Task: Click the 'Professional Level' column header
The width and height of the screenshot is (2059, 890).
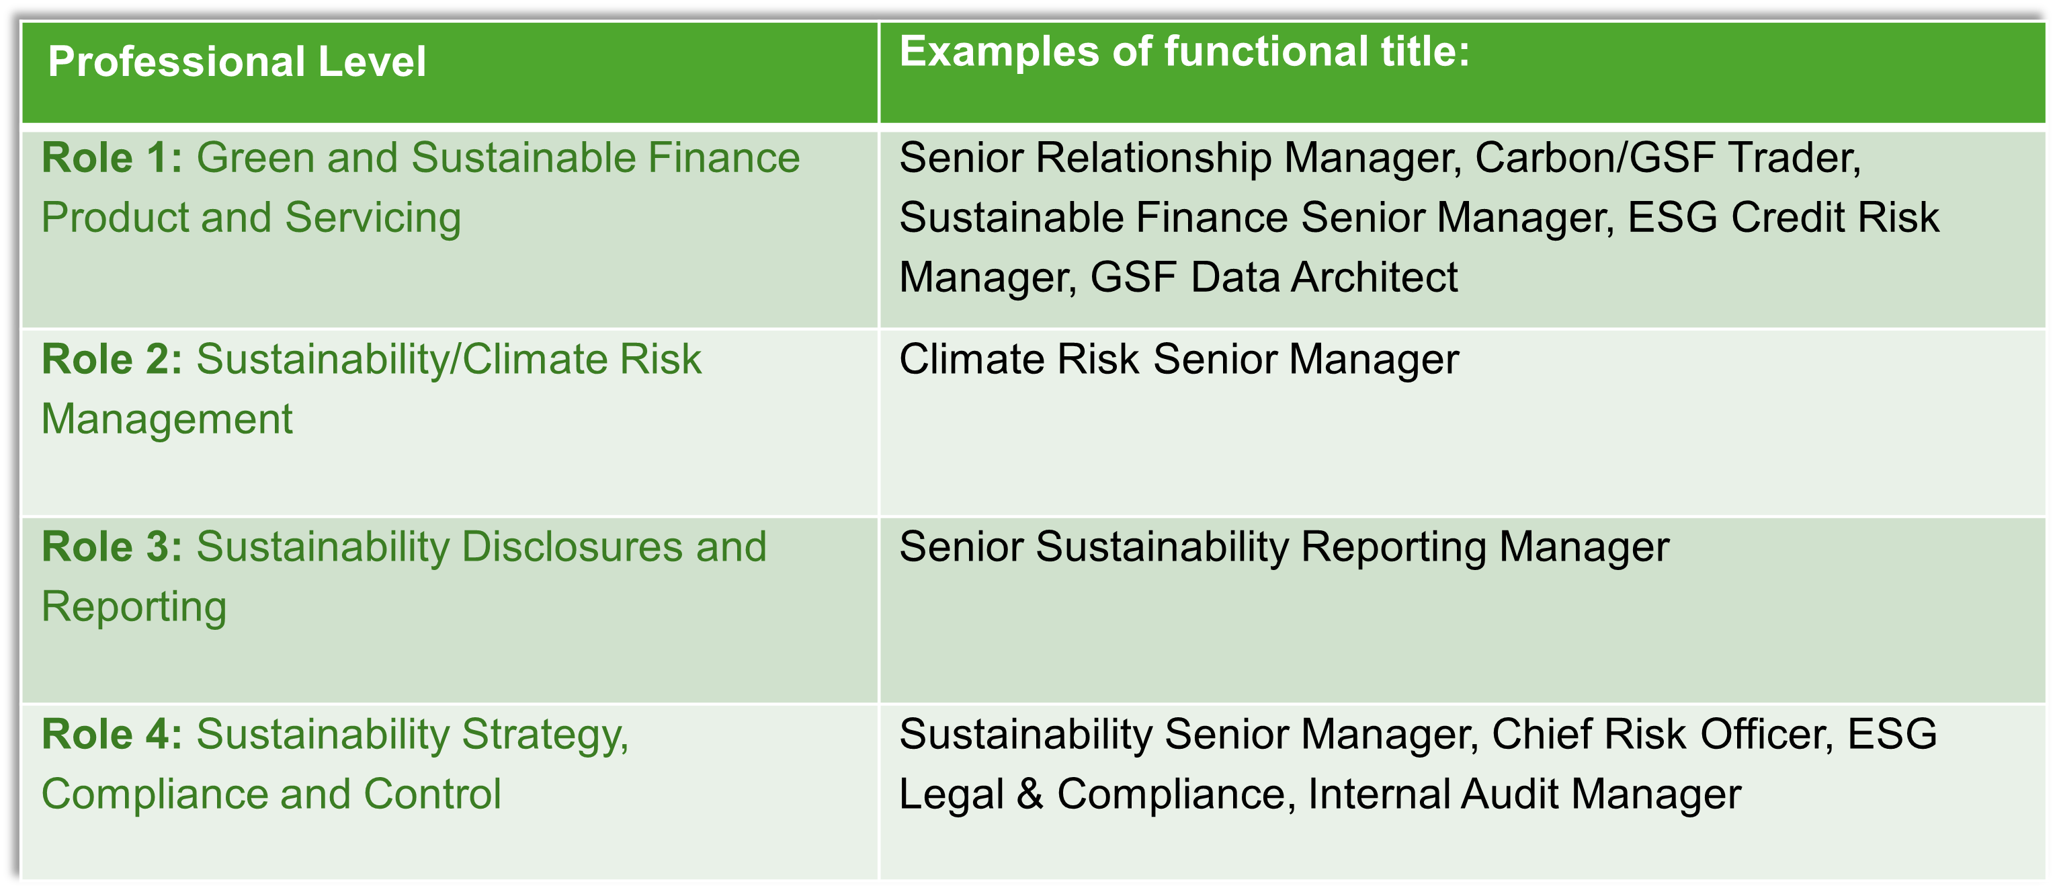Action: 237,62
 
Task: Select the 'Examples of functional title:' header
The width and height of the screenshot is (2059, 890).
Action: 1184,51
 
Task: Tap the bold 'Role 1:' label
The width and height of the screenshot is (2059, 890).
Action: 112,157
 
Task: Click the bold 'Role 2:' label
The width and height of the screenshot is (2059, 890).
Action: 112,359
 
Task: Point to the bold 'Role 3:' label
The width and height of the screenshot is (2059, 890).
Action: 112,547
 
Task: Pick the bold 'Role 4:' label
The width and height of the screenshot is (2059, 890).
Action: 112,734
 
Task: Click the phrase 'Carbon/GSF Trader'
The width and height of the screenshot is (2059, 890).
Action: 1666,157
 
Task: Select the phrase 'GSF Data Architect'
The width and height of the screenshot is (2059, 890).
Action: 1274,278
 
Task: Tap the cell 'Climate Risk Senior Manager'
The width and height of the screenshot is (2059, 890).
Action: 1179,359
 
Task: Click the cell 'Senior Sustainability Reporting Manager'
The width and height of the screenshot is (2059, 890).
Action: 1284,548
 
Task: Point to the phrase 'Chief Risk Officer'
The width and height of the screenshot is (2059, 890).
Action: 1661,734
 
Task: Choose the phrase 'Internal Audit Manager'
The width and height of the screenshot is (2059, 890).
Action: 1524,795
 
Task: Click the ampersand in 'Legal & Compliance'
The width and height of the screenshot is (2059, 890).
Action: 1030,795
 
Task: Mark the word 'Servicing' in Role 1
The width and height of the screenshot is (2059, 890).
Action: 373,218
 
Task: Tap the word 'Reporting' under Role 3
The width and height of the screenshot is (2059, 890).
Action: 134,608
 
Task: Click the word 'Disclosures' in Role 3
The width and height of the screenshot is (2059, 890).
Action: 573,547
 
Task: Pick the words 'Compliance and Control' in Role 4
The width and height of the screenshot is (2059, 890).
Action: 271,795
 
